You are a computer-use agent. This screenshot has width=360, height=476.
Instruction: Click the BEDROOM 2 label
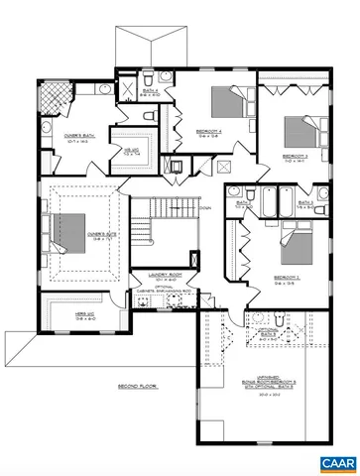point(286,278)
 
